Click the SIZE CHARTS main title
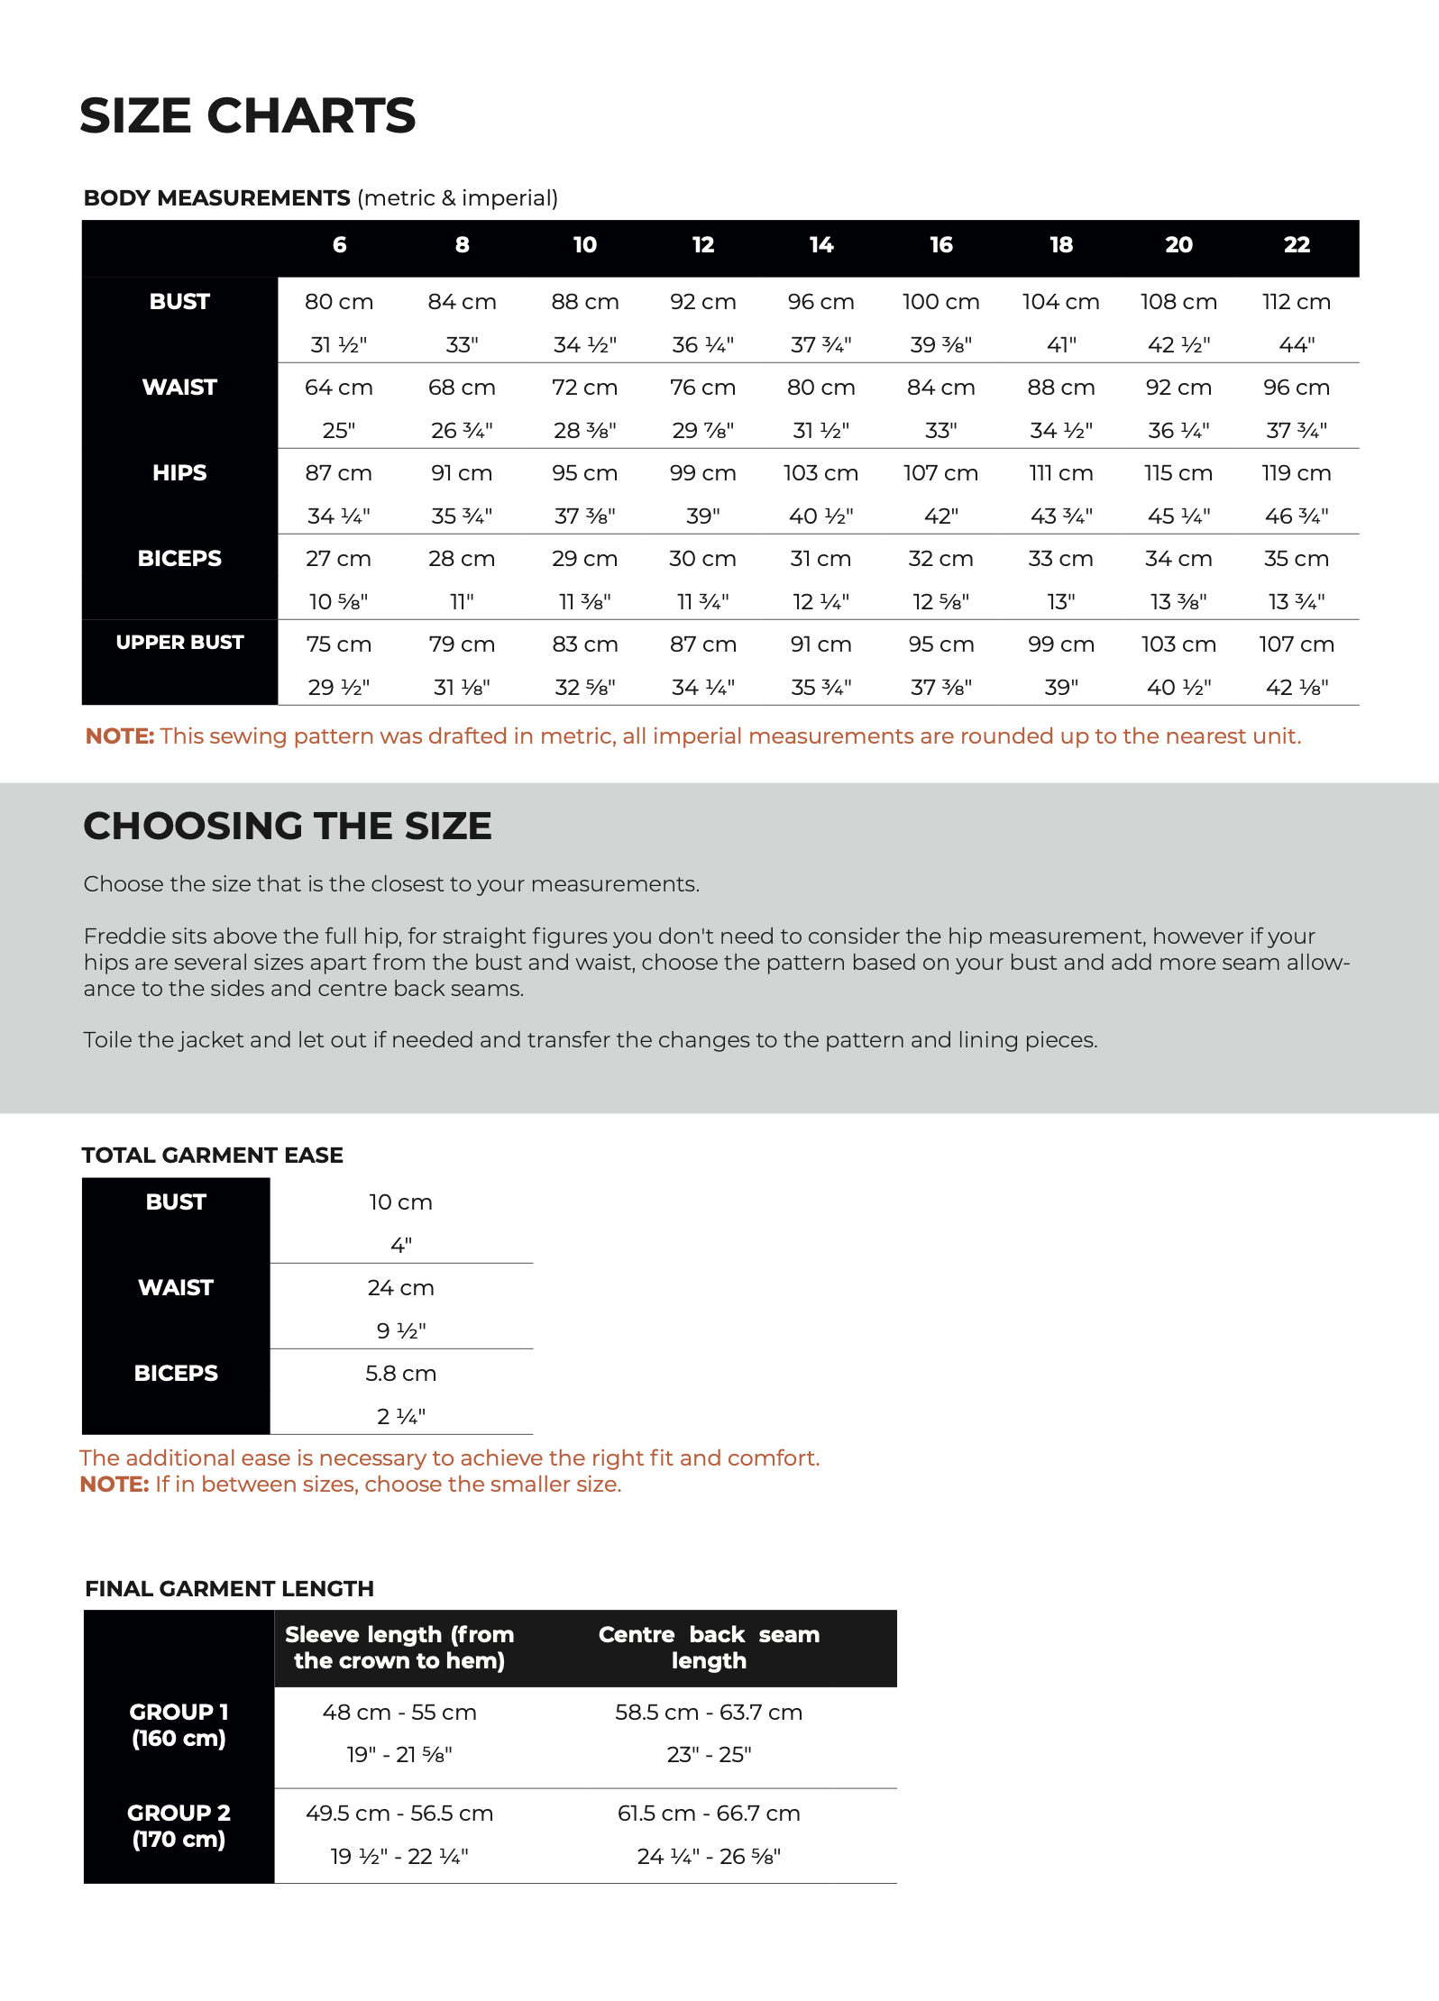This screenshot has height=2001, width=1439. (x=247, y=116)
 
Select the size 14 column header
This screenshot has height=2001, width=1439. (x=821, y=245)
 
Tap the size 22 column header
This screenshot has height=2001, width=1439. (x=1297, y=245)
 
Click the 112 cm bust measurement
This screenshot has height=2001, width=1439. (x=1297, y=302)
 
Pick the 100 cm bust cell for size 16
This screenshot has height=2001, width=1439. (x=940, y=302)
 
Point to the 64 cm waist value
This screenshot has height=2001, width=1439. (x=338, y=388)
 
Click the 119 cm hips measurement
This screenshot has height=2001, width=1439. (x=1297, y=473)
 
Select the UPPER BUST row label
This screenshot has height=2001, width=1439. (x=179, y=643)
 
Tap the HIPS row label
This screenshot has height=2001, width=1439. (x=179, y=473)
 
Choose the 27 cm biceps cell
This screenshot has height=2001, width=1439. (x=338, y=559)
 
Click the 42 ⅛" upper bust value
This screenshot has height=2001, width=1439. (x=1297, y=688)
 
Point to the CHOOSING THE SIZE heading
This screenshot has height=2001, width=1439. (x=288, y=827)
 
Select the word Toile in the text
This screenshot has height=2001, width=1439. (x=105, y=1040)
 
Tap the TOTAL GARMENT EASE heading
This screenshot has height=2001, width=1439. (x=213, y=1156)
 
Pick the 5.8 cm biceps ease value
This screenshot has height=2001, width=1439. (x=400, y=1374)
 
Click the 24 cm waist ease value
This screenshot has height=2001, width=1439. (x=400, y=1288)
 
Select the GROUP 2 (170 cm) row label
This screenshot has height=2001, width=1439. (x=179, y=1826)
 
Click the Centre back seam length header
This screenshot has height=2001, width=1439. (x=709, y=1648)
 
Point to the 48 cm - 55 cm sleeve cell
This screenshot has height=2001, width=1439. (x=399, y=1713)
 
